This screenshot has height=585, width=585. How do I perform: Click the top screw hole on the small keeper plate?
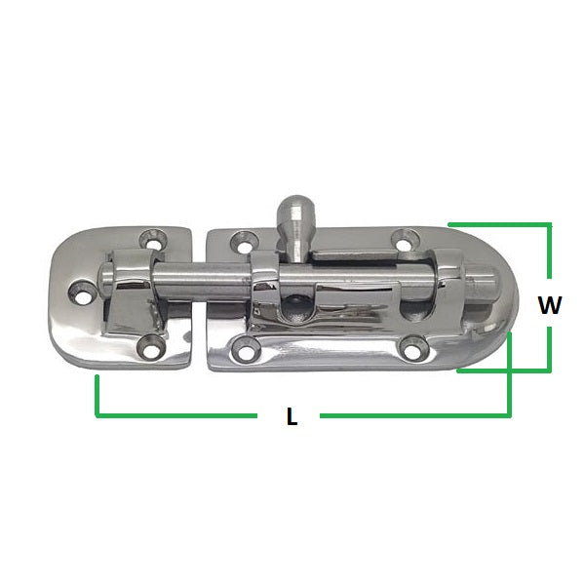[150, 238]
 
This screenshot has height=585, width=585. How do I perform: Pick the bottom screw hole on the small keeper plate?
[149, 342]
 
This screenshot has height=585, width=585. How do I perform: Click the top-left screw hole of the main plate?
[238, 238]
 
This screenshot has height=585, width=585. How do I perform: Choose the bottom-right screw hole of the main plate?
[413, 344]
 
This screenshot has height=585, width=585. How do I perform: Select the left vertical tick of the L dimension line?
[97, 396]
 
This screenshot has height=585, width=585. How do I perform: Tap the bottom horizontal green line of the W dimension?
[502, 370]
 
